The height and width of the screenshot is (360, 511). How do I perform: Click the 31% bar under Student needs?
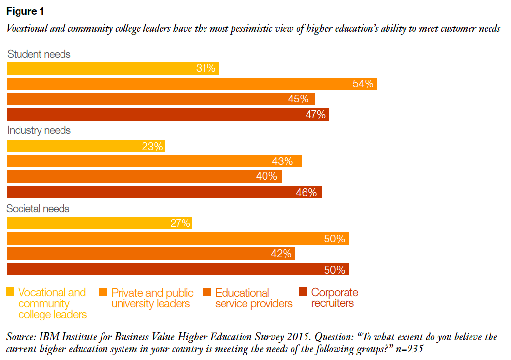click(113, 69)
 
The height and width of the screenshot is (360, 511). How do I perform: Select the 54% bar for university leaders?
click(192, 84)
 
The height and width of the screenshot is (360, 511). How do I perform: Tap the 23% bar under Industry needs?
click(86, 146)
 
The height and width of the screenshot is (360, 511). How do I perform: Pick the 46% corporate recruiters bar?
click(164, 192)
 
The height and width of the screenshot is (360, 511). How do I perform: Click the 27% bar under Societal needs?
click(100, 223)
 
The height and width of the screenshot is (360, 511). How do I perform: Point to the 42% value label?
click(281, 254)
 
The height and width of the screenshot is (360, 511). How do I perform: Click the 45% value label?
click(298, 100)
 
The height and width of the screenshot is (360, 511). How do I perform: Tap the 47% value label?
click(315, 115)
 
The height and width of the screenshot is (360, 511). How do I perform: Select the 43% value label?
click(283, 161)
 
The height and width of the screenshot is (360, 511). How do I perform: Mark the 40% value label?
click(266, 177)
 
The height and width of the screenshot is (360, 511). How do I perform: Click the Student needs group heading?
click(39, 54)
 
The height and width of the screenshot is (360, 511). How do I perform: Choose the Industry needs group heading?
click(39, 131)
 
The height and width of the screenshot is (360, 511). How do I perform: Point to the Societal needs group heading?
click(38, 209)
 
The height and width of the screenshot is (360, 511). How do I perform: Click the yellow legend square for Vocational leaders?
click(10, 292)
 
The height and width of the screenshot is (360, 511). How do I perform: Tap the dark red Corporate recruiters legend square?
click(303, 292)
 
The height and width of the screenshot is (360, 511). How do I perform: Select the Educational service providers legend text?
click(254, 298)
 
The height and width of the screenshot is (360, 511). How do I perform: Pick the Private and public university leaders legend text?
click(152, 298)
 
